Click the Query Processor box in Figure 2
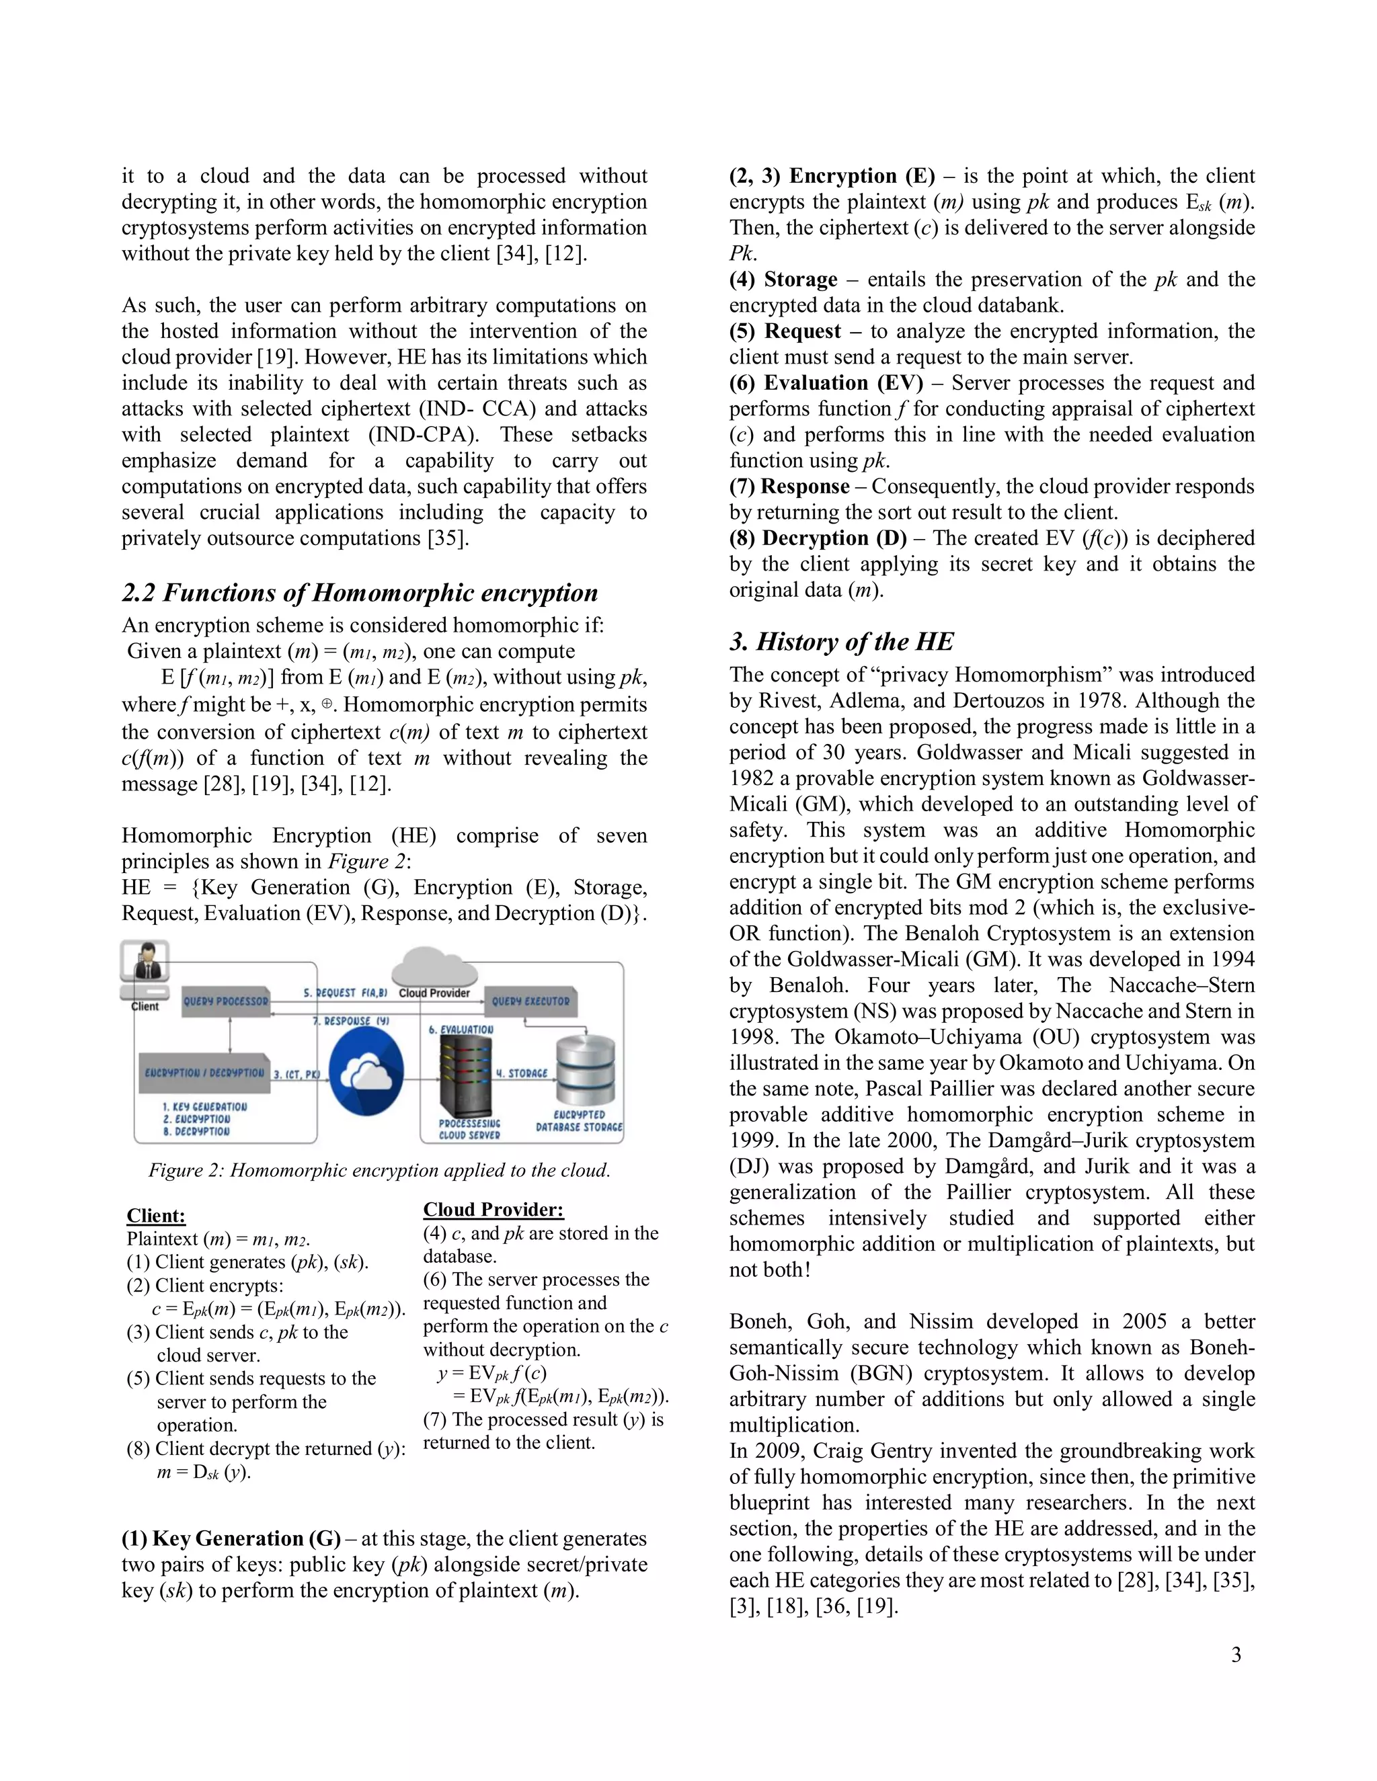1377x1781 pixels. click(x=226, y=1001)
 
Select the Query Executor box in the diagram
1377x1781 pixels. click(x=530, y=1001)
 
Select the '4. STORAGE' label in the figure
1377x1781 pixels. click(x=522, y=1073)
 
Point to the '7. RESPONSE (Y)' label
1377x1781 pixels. click(x=352, y=1021)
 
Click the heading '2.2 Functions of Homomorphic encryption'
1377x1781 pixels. click(x=360, y=593)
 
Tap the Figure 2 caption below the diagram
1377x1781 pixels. click(x=379, y=1170)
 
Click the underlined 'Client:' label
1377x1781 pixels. click(x=156, y=1216)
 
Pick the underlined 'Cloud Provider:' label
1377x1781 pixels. click(x=493, y=1209)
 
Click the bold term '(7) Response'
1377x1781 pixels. click(x=789, y=487)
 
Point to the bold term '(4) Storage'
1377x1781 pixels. click(x=783, y=280)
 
